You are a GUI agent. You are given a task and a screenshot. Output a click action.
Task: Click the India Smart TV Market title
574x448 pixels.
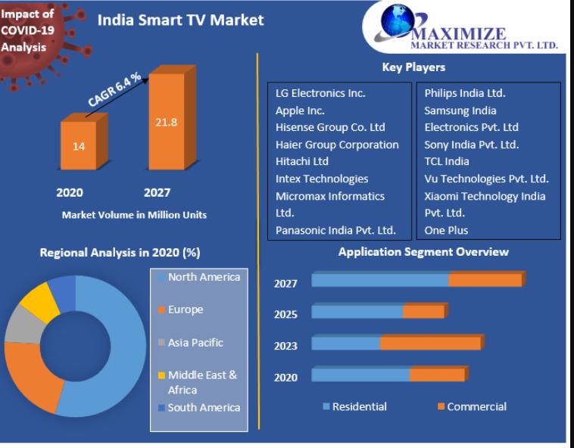coord(181,20)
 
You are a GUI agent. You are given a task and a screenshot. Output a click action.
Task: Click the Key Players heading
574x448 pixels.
coord(413,67)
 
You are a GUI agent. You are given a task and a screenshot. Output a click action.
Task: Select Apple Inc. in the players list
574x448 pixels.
coord(300,110)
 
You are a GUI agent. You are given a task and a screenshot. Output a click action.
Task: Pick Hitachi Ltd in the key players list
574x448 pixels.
coord(302,162)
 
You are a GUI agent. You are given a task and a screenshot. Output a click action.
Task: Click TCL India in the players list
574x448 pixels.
coord(447,162)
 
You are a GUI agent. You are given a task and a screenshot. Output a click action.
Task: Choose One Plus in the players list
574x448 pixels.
coord(446,230)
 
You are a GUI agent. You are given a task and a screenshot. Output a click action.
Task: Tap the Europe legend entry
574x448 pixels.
coord(185,310)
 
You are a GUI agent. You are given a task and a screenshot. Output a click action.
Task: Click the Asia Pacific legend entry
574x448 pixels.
coord(195,342)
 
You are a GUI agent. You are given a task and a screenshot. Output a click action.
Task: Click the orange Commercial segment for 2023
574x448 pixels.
coord(429,344)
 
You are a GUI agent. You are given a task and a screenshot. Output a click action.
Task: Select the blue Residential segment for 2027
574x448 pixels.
coord(379,281)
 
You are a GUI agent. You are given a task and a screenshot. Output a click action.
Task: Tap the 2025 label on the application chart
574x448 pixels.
coord(285,315)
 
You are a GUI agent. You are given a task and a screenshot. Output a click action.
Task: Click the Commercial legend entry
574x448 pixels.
coord(476,406)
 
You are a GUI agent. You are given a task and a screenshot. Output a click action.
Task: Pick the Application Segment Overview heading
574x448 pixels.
coord(423,252)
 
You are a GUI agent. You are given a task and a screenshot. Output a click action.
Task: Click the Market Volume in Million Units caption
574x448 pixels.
coord(134,215)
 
